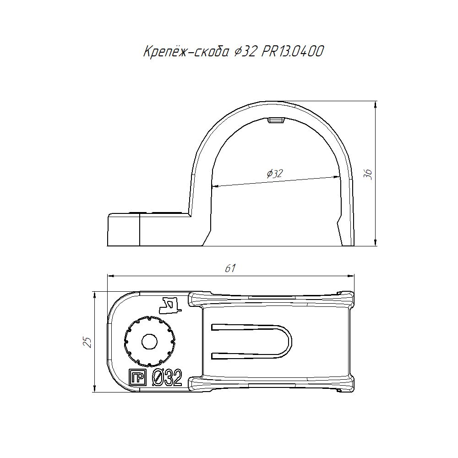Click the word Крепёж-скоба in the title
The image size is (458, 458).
pos(186,51)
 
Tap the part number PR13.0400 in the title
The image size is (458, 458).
pos(292,51)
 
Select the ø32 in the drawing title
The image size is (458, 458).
pos(245,52)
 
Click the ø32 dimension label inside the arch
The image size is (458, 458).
pos(274,174)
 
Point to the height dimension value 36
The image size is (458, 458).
pos(369,174)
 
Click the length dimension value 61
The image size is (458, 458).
pos(230,268)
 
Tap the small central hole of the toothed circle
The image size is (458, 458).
pos(150,341)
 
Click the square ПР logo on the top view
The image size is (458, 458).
pos(137,378)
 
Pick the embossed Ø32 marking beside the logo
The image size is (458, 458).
pos(167,378)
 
